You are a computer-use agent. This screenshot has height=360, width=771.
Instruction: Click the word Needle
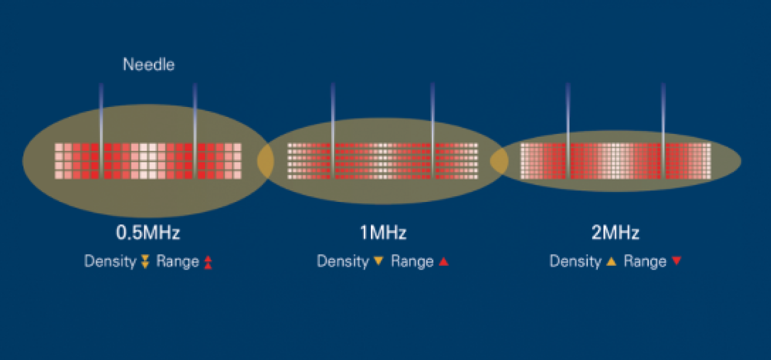149,65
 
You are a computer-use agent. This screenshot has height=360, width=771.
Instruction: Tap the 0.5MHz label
148,232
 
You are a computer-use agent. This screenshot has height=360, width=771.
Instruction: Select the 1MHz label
383,232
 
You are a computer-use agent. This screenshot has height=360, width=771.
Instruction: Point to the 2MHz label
615,232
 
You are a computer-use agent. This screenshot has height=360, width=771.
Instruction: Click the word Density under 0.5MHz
110,261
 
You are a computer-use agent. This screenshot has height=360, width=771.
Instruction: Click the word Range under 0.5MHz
177,261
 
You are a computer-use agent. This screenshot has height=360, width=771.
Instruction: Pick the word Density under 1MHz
343,261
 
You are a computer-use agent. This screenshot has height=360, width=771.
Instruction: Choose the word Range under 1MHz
412,261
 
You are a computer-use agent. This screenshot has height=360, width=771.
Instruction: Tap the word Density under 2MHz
575,261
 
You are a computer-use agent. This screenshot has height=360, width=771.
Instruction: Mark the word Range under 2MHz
645,261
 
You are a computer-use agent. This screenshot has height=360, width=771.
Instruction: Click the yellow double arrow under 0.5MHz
146,262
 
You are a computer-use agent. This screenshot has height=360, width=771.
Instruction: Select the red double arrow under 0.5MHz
208,262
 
